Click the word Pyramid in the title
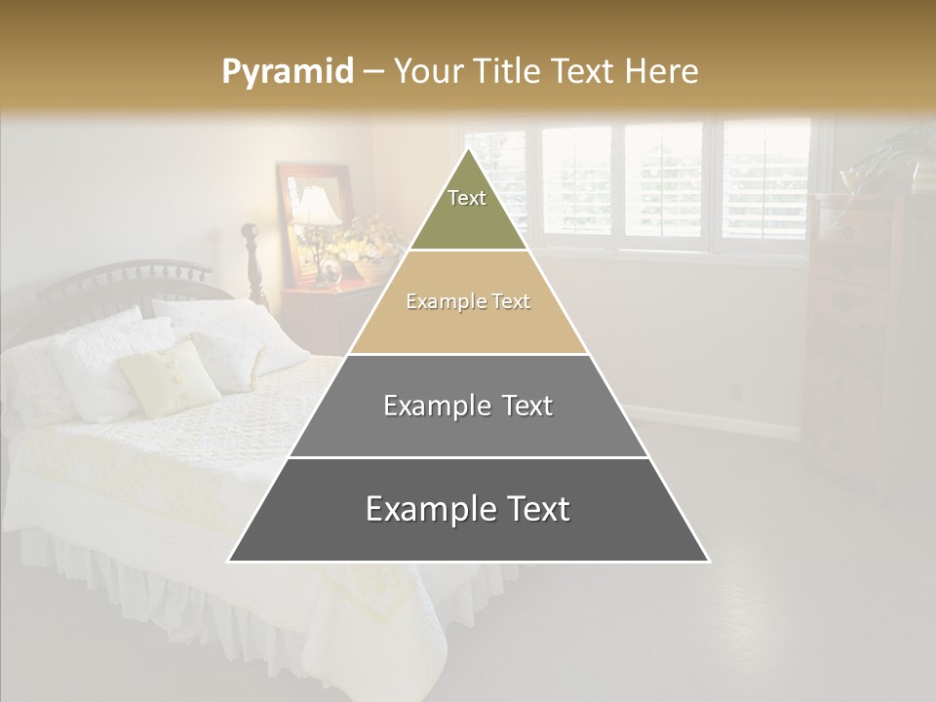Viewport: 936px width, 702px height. (x=287, y=72)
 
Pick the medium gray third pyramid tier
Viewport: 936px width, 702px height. (x=468, y=429)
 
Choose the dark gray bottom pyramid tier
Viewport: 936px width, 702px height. (x=468, y=531)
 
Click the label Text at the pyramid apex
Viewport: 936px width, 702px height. (x=467, y=198)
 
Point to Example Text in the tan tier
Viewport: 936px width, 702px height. (x=468, y=301)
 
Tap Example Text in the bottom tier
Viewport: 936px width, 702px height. (x=468, y=509)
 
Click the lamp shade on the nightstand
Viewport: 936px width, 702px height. (x=317, y=207)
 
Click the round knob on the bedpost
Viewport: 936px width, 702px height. (x=249, y=232)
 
